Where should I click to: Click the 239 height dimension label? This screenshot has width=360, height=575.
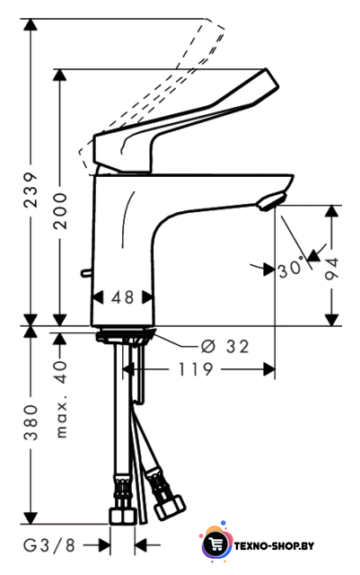pos(31,190)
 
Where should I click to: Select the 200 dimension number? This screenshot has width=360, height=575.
pos(60,211)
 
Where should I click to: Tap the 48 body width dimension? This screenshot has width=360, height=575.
pos(123,297)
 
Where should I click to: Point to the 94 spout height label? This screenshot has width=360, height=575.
pos(332,269)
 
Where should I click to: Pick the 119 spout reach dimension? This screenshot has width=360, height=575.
pos(195,369)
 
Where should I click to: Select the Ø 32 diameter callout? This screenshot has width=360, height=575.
pos(225,346)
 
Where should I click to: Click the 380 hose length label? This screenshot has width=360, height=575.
pos(31,422)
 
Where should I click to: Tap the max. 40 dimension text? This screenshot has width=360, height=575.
pos(61,399)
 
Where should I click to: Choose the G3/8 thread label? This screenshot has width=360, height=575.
pos(49,545)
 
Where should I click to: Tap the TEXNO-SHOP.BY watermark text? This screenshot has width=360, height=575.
pos(274,546)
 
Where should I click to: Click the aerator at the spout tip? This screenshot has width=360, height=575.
pos(271,201)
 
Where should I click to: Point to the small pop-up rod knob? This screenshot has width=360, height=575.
pos(86,272)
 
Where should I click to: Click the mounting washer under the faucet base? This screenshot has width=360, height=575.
pos(126,335)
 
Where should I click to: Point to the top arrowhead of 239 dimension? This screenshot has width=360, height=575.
pos(31,24)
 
